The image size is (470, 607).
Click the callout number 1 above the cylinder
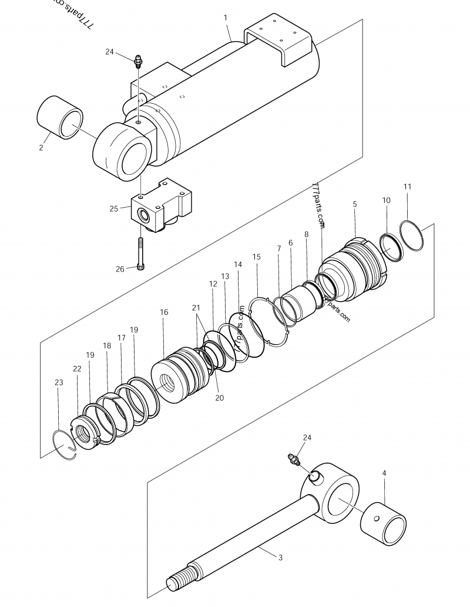click(x=226, y=18)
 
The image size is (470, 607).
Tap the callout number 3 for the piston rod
click(x=280, y=557)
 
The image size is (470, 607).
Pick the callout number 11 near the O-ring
click(x=407, y=186)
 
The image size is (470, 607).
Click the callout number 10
click(x=386, y=200)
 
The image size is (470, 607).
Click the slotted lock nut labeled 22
click(x=86, y=435)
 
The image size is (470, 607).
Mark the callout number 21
click(x=196, y=307)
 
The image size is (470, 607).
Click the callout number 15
click(x=256, y=257)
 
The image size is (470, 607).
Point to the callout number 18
click(x=107, y=346)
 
